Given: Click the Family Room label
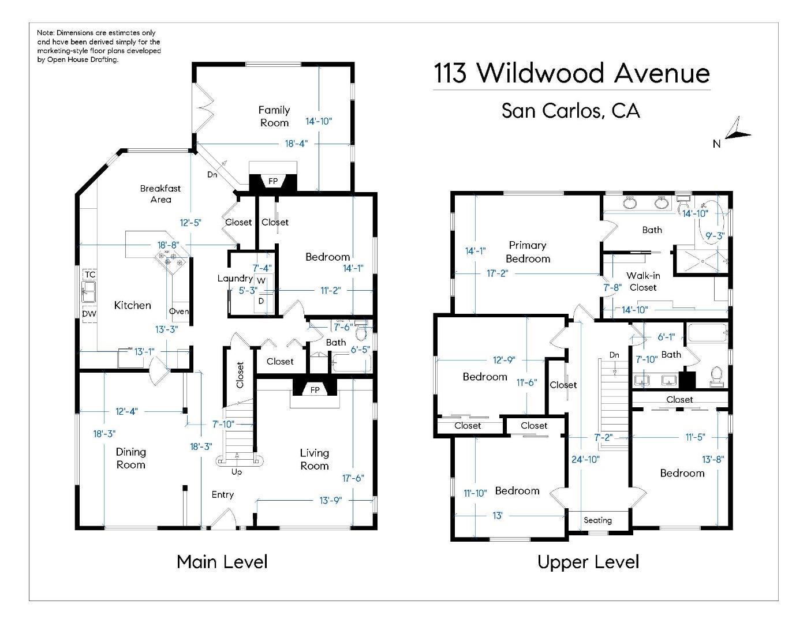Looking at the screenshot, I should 274,116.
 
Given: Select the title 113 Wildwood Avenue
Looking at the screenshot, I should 571,73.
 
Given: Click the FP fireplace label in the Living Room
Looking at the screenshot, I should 315,390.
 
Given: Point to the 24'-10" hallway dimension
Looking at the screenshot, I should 585,459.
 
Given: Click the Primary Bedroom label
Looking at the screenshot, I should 528,252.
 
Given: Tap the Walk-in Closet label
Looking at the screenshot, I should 643,282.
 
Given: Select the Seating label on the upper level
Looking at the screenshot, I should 597,520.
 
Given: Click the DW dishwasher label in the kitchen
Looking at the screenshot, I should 89,314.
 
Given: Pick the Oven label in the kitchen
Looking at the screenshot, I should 179,311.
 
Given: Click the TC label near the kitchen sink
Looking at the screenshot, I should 90,275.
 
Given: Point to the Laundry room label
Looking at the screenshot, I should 235,278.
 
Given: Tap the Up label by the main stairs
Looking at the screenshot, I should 237,472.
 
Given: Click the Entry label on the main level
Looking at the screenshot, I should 223,494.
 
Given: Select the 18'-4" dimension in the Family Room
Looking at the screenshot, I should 296,143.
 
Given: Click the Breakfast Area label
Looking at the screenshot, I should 160,194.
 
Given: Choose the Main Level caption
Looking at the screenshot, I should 222,561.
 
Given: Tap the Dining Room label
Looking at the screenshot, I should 131,458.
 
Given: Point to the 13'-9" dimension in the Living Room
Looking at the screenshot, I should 331,500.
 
